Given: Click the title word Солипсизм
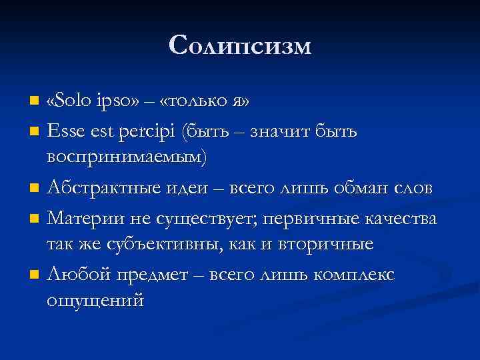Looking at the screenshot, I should (240, 45).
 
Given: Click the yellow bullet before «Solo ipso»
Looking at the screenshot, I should (35, 102).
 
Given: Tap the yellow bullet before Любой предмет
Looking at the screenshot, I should (35, 275).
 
